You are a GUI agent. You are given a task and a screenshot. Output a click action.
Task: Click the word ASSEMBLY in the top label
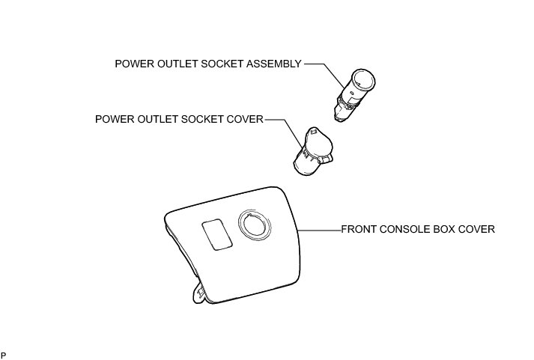[275, 64]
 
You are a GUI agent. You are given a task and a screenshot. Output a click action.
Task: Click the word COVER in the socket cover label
[246, 120]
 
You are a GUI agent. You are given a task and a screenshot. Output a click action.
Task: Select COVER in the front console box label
[478, 230]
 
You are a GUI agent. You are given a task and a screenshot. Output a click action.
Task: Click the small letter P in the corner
[4, 353]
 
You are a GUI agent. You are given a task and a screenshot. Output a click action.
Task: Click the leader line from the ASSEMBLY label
[318, 64]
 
